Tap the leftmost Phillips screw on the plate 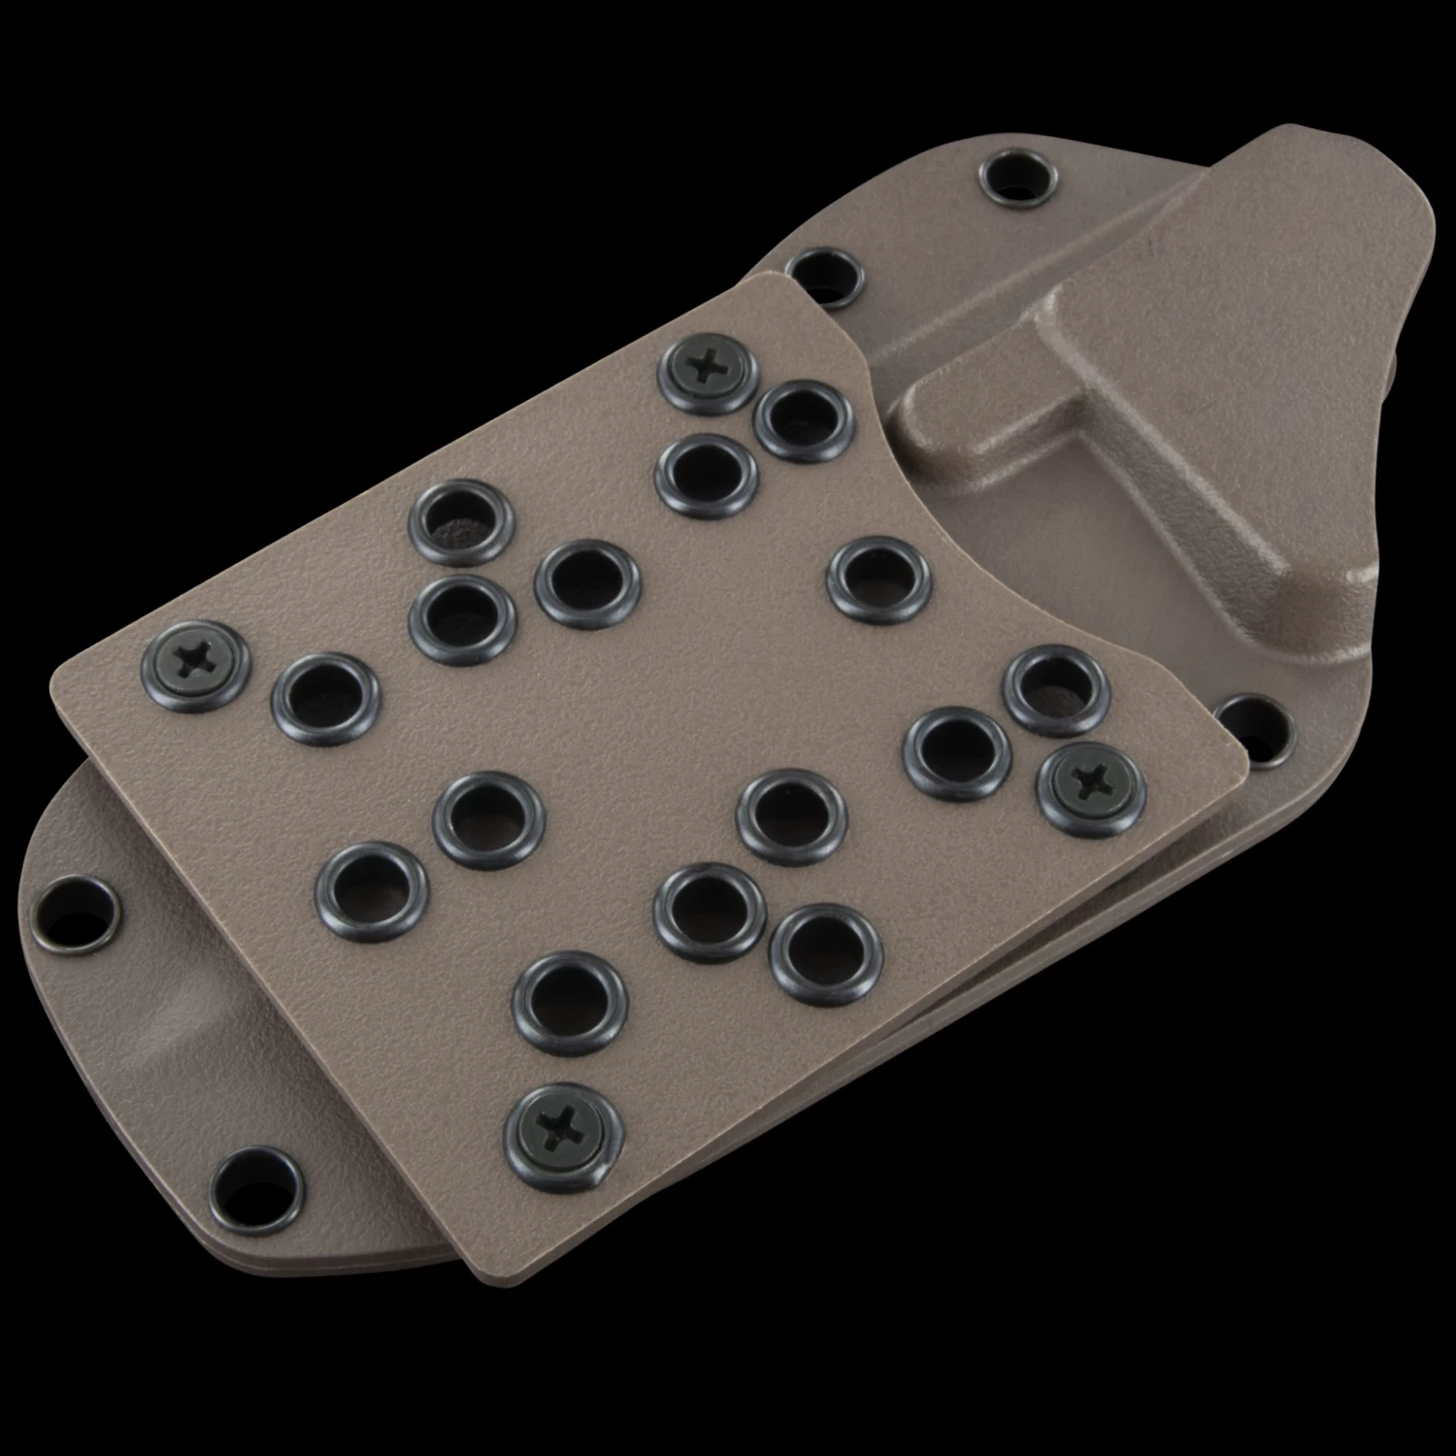[195, 663]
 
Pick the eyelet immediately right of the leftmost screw [324, 697]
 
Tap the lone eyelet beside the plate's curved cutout [878, 580]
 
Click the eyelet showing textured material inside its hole [461, 523]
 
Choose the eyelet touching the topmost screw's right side [804, 420]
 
